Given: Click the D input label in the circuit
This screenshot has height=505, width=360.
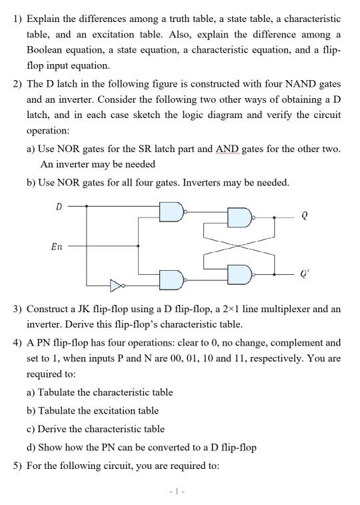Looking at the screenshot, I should (x=58, y=207).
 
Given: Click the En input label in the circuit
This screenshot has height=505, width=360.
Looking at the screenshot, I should (x=57, y=246).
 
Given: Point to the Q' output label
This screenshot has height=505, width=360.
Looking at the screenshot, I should (x=305, y=273).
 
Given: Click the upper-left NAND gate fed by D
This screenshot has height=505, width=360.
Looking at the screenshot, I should (x=170, y=212).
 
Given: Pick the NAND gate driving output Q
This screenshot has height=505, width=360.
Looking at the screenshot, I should (x=239, y=217).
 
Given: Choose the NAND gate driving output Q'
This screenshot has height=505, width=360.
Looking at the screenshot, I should (x=239, y=274).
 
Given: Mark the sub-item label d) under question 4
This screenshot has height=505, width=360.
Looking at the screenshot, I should (x=31, y=447).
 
